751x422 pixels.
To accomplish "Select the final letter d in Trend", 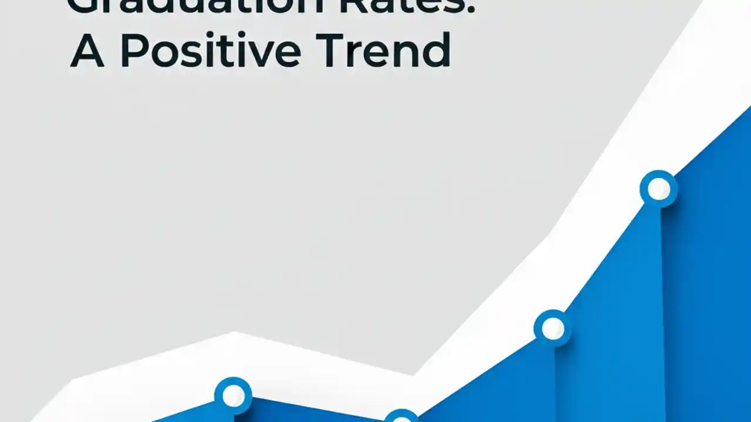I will tap(437, 50).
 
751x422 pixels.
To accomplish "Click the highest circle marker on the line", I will tap(658, 189).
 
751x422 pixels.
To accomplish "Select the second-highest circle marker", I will tap(553, 329).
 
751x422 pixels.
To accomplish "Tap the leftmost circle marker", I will tap(233, 396).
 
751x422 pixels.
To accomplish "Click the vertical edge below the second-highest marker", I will tap(555, 381).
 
